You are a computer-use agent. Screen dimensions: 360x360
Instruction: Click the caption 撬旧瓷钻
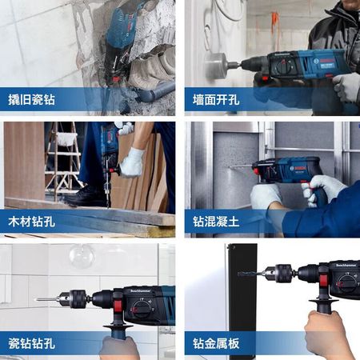click(x=31, y=99)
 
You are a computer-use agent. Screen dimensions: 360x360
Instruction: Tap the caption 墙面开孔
click(x=216, y=99)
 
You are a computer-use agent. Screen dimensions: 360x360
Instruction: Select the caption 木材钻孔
click(x=31, y=222)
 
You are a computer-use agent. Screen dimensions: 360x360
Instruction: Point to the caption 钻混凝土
click(x=216, y=222)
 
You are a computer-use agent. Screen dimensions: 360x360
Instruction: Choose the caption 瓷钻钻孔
click(x=31, y=343)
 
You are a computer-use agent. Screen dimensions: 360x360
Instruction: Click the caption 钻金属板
click(x=216, y=343)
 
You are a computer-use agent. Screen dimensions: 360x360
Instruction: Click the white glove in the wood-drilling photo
click(x=132, y=163)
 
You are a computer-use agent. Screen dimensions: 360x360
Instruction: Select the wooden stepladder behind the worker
click(x=63, y=160)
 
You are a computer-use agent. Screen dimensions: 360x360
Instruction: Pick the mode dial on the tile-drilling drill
click(x=141, y=309)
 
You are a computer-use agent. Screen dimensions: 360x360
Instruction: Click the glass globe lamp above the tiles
click(x=82, y=255)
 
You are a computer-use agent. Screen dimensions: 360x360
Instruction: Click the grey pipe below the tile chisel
click(x=154, y=92)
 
